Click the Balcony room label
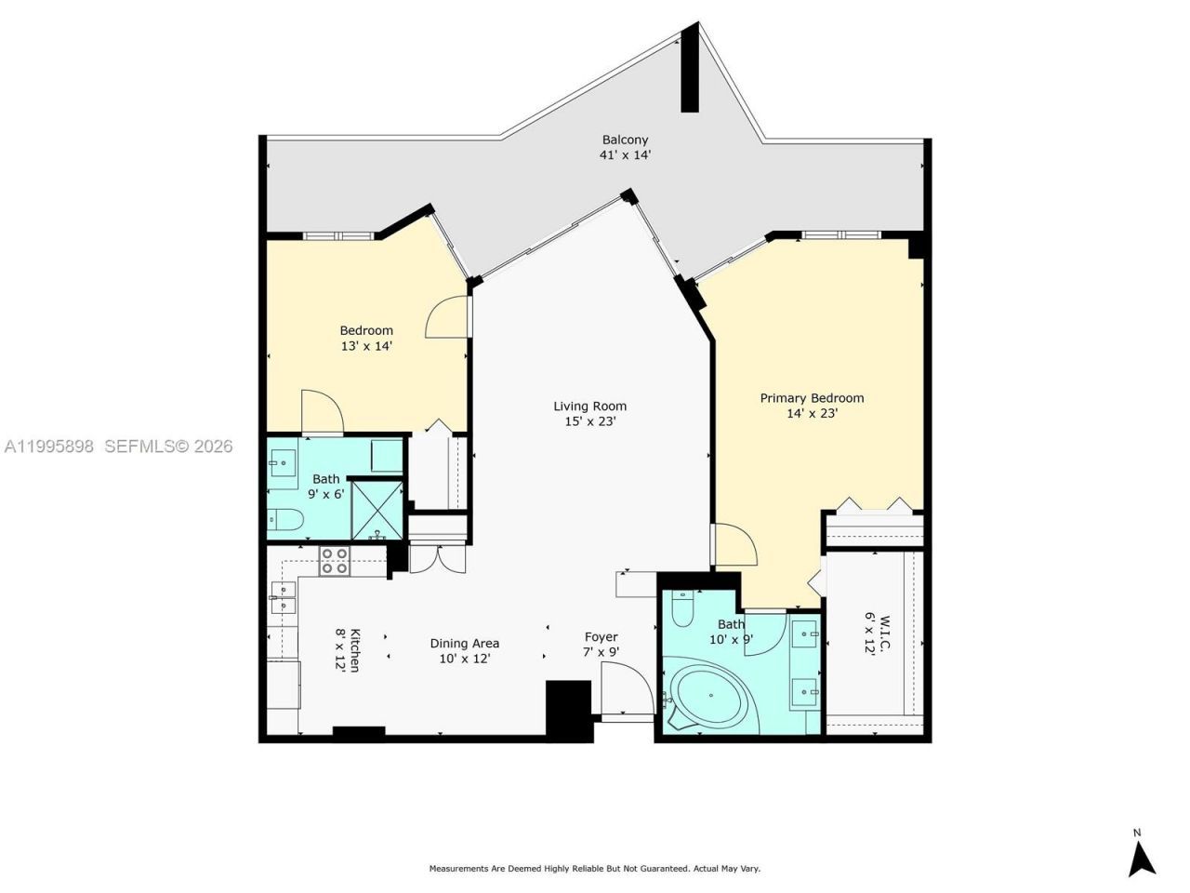pos(625,140)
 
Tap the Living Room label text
pos(589,406)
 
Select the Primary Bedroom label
pos(812,398)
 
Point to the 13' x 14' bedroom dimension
pos(366,346)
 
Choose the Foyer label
pos(601,637)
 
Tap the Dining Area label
pos(464,643)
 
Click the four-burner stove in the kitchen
pos(335,560)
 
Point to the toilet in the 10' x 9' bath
pos(682,609)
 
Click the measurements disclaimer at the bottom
pos(594,869)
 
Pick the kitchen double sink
pos(282,597)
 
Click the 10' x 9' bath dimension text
pos(731,639)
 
